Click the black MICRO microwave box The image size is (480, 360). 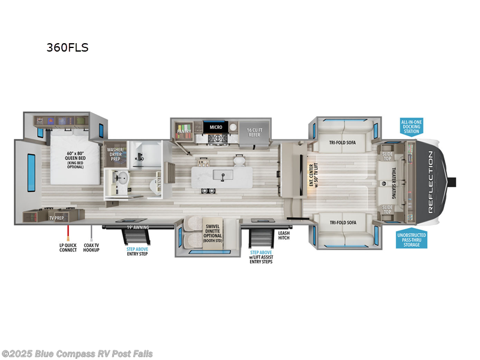pos(215,127)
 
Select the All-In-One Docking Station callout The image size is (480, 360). pos(411,127)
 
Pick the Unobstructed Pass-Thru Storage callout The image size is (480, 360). pos(412,239)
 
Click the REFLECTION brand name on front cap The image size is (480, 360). pos(430,182)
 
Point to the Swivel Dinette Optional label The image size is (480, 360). pos(213,229)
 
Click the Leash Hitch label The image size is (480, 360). pos(284,236)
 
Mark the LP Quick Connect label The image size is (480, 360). pos(68,247)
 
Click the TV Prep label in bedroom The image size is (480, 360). pos(56,218)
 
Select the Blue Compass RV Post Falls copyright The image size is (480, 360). pos(77,353)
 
